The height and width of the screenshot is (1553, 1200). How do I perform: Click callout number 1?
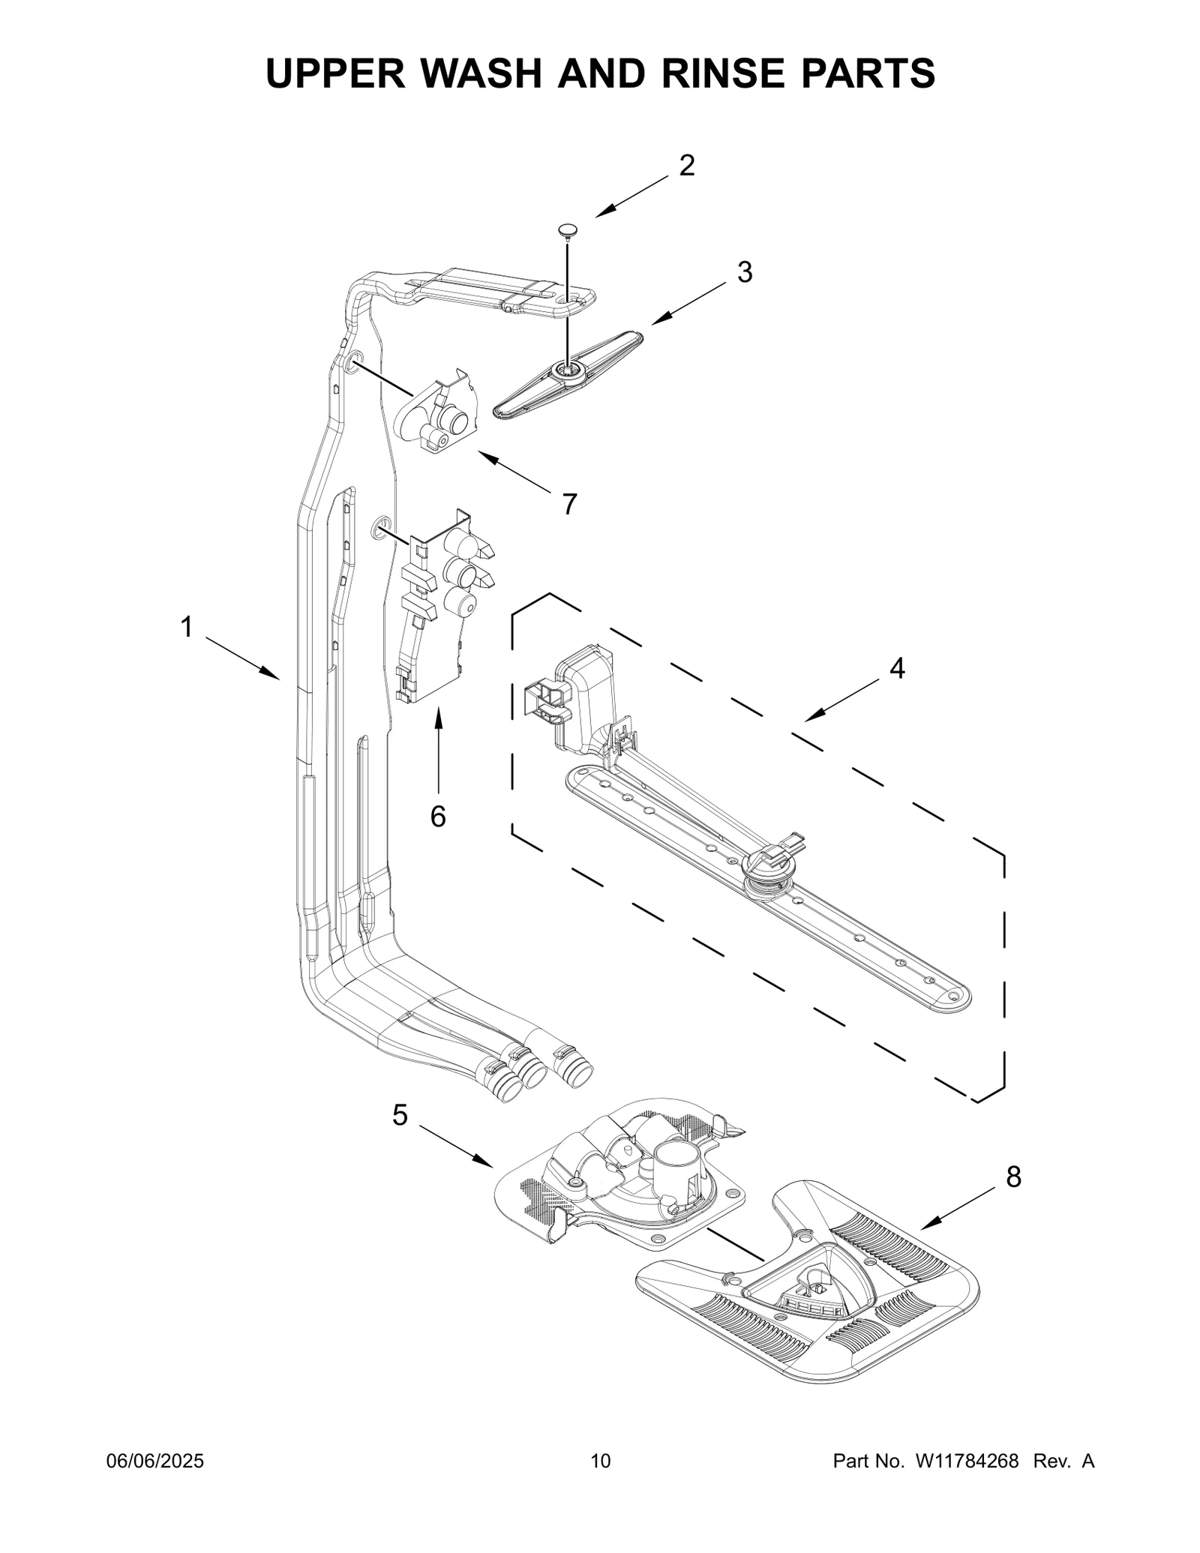point(186,627)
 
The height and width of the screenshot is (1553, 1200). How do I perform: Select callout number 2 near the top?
point(686,166)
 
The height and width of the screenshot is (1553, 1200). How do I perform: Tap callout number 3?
point(744,272)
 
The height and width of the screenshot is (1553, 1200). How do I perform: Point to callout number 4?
point(897,667)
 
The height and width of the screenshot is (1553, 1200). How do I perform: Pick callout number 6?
point(438,817)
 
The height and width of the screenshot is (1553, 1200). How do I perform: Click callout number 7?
point(570,505)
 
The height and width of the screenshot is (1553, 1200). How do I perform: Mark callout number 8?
point(1013,1177)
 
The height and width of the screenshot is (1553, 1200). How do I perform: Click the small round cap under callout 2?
point(568,229)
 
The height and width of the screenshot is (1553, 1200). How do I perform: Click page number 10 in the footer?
point(600,1461)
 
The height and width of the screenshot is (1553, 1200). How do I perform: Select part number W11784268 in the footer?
point(966,1461)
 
